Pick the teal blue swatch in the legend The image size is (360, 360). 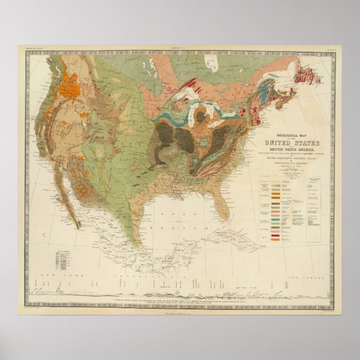coord(275,222)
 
